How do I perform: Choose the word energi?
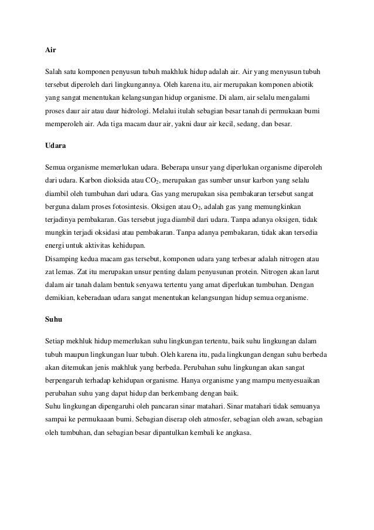55,245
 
